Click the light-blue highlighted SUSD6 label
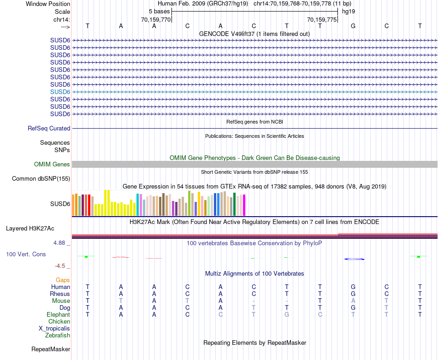60,92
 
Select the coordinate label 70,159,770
156,19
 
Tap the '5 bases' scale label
159,12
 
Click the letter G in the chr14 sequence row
353,26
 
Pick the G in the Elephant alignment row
287,314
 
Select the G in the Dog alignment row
353,307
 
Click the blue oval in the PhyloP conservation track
354,259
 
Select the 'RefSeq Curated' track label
49,129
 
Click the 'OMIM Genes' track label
52,165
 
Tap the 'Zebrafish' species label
58,336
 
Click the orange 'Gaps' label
63,280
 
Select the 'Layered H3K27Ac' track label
30,228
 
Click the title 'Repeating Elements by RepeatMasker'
255,343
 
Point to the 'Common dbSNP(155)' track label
41,179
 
